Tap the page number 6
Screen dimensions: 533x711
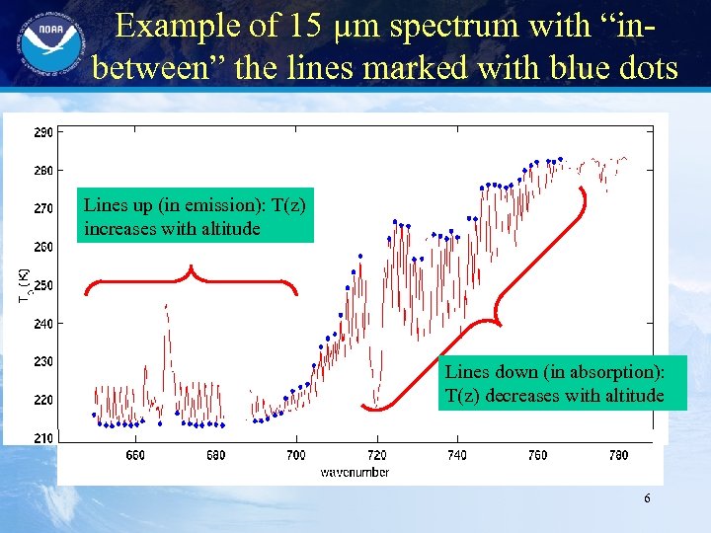647,498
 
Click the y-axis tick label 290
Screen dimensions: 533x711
44,132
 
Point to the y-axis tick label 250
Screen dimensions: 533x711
44,285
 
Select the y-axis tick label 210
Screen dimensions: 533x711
44,438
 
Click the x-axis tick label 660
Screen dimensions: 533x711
135,455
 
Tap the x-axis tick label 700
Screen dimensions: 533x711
295,455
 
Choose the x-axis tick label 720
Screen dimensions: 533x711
375,455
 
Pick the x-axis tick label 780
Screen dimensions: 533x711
617,455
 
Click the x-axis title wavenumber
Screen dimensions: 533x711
354,472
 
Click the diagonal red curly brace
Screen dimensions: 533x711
494,306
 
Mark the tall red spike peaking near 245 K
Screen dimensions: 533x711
165,308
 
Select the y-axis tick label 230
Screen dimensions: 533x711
44,362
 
